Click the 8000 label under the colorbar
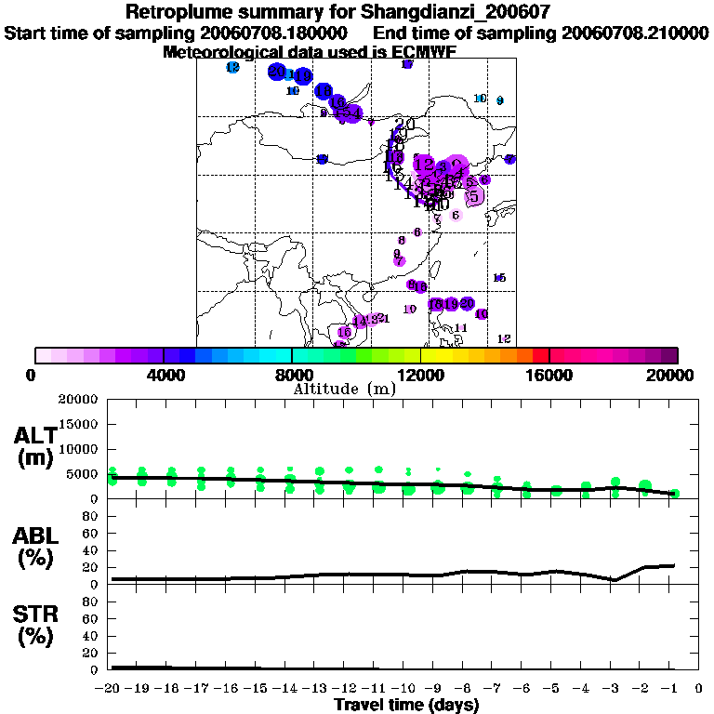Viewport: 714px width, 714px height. (x=293, y=376)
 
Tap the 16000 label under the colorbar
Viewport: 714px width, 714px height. (x=550, y=376)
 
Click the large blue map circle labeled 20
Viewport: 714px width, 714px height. (x=276, y=72)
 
